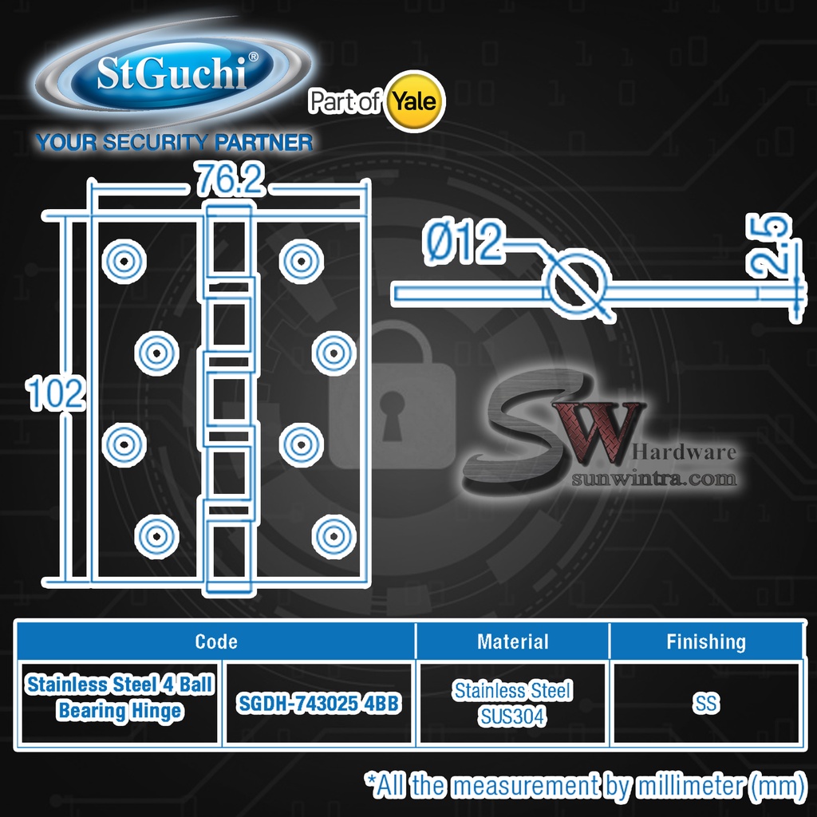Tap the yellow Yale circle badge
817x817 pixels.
coord(415,101)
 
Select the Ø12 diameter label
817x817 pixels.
coord(464,243)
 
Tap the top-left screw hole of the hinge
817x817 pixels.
coord(124,259)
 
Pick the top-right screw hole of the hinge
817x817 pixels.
coord(301,259)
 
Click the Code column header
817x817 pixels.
coord(216,641)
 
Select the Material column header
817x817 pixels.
coord(512,641)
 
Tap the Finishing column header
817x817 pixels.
coord(706,641)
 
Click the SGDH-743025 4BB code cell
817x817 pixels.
coord(318,705)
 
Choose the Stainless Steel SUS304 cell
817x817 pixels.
coord(512,704)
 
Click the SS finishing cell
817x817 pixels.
coord(706,704)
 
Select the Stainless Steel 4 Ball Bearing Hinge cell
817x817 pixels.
coord(120,698)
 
